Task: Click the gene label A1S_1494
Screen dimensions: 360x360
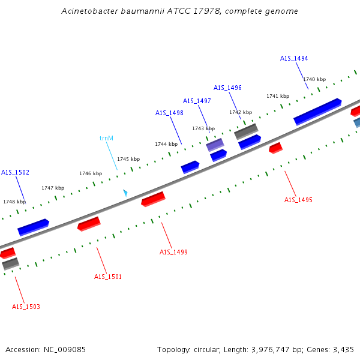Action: pyautogui.click(x=294, y=58)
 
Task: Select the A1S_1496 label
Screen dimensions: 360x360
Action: pyautogui.click(x=227, y=88)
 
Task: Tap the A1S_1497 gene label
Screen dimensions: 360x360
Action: pyautogui.click(x=197, y=101)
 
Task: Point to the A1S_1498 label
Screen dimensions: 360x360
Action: pyautogui.click(x=169, y=113)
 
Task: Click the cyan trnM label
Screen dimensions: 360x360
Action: pyautogui.click(x=106, y=138)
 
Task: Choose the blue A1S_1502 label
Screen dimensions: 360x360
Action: pyautogui.click(x=15, y=172)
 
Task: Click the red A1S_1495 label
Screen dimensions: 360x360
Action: pyautogui.click(x=298, y=200)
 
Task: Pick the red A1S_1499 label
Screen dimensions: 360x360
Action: pyautogui.click(x=173, y=252)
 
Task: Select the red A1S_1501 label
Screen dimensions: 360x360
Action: pyautogui.click(x=108, y=277)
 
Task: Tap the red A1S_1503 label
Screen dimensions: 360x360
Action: pyautogui.click(x=26, y=307)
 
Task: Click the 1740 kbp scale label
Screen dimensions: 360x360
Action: pyautogui.click(x=314, y=79)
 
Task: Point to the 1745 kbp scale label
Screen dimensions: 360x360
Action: pyautogui.click(x=128, y=159)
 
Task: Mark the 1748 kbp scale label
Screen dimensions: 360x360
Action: pyautogui.click(x=14, y=202)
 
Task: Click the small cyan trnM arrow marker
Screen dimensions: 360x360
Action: pyautogui.click(x=125, y=193)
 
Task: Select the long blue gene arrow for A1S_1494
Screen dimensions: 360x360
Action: pyautogui.click(x=317, y=112)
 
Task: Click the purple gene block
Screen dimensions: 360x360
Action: pyautogui.click(x=215, y=145)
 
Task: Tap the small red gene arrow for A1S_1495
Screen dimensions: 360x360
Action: pyautogui.click(x=275, y=148)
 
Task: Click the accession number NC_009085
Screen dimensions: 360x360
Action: pyautogui.click(x=64, y=349)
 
